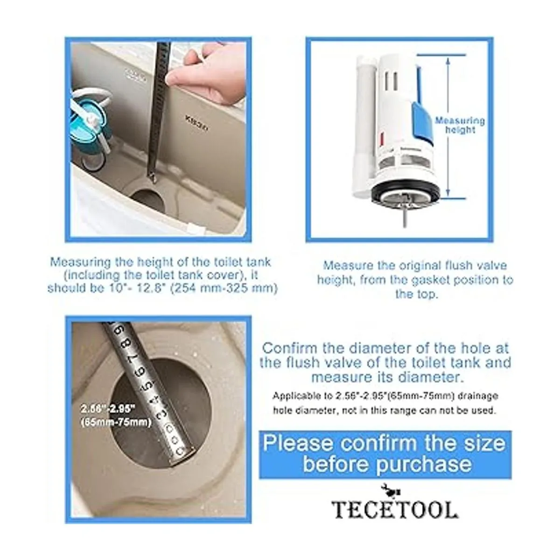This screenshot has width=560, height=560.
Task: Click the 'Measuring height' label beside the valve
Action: [x=460, y=125]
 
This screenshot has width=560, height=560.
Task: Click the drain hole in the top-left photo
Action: [x=148, y=201]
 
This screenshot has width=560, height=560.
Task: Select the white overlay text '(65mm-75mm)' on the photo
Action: [x=116, y=422]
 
